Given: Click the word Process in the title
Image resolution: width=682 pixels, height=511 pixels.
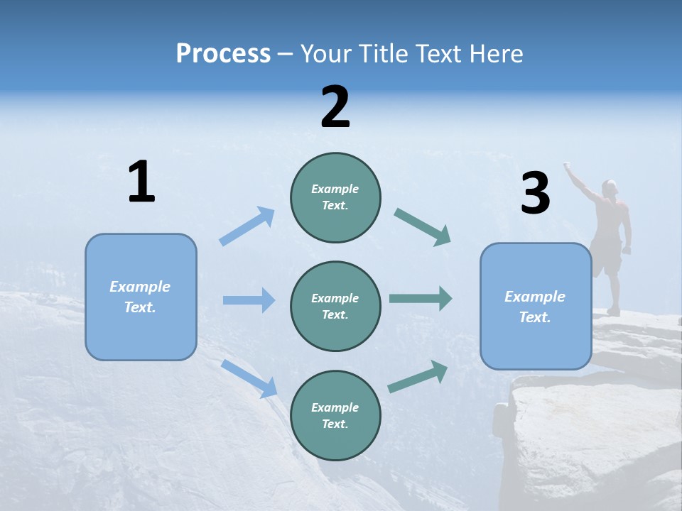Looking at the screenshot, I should pyautogui.click(x=223, y=53).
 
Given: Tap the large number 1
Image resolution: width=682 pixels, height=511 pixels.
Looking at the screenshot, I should pyautogui.click(x=141, y=182).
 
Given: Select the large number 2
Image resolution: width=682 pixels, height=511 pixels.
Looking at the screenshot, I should pyautogui.click(x=335, y=107).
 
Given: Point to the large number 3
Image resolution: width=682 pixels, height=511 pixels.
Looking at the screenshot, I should pyautogui.click(x=535, y=194).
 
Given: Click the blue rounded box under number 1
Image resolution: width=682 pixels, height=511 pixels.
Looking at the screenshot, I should pyautogui.click(x=141, y=297).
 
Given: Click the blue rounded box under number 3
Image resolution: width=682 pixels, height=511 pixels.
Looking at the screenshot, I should pyautogui.click(x=536, y=307).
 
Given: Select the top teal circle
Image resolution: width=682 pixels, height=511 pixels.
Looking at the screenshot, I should pyautogui.click(x=335, y=197).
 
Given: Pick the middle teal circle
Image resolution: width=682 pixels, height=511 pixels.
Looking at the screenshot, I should pyautogui.click(x=335, y=306).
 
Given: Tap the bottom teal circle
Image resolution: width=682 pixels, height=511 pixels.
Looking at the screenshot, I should pyautogui.click(x=335, y=415).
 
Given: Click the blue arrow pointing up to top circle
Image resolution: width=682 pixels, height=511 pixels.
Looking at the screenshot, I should pyautogui.click(x=247, y=226).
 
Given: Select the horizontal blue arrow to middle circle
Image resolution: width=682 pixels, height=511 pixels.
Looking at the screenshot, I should pyautogui.click(x=249, y=300).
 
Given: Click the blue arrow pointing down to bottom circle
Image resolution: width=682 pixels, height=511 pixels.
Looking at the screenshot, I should pyautogui.click(x=249, y=378).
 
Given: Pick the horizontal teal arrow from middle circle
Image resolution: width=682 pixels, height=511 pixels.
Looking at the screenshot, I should pyautogui.click(x=420, y=299).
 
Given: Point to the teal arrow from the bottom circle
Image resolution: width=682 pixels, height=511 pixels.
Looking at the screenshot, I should pyautogui.click(x=418, y=377).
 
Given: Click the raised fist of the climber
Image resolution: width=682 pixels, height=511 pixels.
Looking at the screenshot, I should pyautogui.click(x=568, y=166).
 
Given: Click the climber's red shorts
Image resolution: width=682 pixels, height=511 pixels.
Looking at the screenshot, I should pyautogui.click(x=607, y=258).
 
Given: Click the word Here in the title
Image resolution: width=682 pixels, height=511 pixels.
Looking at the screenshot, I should pyautogui.click(x=495, y=53).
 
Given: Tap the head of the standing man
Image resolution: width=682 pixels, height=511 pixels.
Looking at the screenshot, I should pyautogui.click(x=609, y=188).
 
